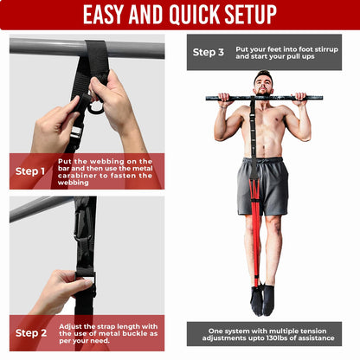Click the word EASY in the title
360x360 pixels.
click(x=108, y=15)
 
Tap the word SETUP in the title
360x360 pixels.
click(x=246, y=15)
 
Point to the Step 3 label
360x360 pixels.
click(x=209, y=53)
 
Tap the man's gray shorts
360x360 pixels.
click(x=264, y=184)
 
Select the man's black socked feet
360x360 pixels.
click(x=262, y=299)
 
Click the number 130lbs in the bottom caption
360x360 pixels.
click(x=286, y=337)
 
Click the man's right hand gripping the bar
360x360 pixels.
click(x=223, y=98)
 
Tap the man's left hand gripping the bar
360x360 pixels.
click(x=303, y=98)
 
